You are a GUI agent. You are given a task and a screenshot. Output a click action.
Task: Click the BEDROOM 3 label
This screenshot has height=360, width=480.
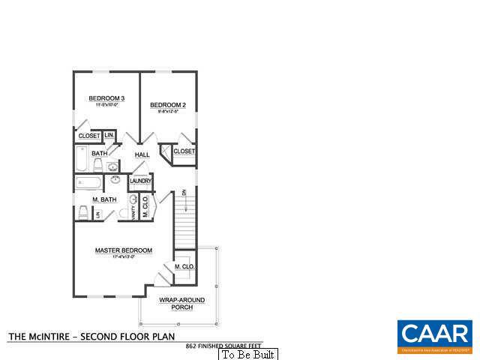point(106,98)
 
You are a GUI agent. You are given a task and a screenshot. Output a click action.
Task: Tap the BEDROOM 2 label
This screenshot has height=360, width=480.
point(167,105)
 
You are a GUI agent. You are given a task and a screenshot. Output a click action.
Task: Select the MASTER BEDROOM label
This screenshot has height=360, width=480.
point(123,250)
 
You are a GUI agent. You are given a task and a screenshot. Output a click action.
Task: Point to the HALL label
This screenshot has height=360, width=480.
point(142,155)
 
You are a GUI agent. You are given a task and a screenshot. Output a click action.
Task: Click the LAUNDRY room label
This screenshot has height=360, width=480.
point(140,181)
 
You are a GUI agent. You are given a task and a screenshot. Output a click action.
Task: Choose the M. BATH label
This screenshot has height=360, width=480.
point(103,200)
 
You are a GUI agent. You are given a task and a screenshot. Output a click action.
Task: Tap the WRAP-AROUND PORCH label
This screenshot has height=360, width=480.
point(176,304)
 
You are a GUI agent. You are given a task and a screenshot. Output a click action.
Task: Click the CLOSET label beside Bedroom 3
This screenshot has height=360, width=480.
point(89,136)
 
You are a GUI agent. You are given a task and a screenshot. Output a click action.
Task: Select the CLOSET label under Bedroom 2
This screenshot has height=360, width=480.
point(184,151)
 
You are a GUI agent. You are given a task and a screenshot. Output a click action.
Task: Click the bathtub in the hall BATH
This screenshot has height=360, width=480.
point(82,159)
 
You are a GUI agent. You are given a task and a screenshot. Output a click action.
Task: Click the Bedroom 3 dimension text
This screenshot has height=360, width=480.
point(106,106)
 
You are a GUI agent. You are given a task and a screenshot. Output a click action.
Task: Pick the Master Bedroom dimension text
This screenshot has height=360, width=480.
point(123,258)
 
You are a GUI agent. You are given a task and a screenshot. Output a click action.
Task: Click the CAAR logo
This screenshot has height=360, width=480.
point(434,335)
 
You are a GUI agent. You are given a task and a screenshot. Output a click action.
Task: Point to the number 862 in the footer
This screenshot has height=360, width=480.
point(191,346)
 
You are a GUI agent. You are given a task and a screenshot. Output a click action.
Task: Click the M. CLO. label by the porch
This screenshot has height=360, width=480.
point(184,267)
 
